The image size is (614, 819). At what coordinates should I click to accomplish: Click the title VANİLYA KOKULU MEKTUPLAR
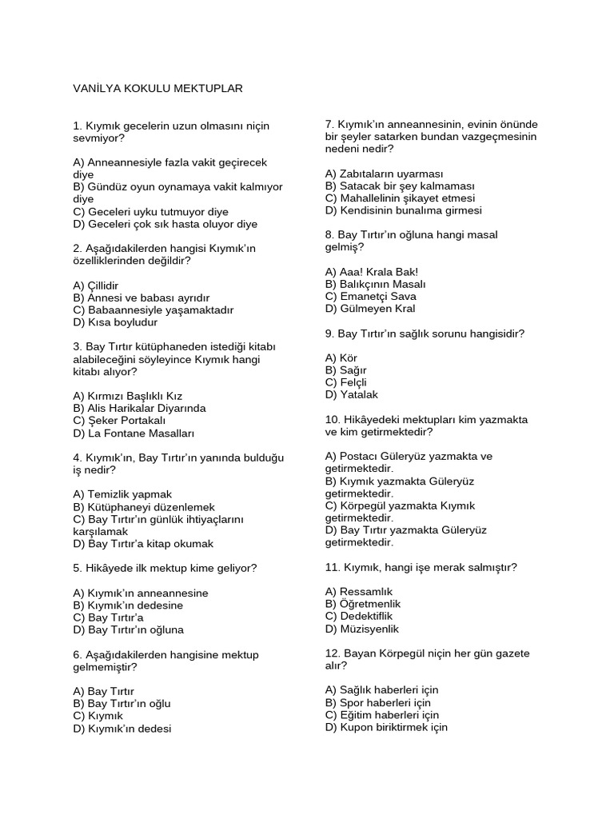(x=157, y=88)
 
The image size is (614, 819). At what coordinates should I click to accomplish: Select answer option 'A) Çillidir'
(x=96, y=285)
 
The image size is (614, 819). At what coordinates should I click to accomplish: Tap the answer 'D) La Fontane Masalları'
(x=134, y=433)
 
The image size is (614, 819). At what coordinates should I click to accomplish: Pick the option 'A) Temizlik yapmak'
(x=122, y=494)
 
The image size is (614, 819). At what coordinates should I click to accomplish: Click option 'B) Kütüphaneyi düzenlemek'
(x=144, y=507)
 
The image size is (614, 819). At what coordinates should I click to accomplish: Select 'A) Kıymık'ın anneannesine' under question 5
(x=141, y=593)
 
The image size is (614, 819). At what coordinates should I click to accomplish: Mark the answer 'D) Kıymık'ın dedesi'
(x=122, y=729)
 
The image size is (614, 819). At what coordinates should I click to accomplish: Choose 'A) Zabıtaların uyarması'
(x=385, y=173)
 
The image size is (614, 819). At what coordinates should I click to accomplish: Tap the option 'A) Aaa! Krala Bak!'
(x=372, y=272)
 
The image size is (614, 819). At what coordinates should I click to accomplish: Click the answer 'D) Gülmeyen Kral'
(x=370, y=309)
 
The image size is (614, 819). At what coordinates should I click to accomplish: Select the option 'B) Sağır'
(x=345, y=370)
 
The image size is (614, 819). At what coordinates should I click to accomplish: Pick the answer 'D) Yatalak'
(x=352, y=394)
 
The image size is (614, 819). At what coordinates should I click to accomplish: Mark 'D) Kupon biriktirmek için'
(x=387, y=728)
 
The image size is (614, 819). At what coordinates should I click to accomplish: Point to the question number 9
(x=329, y=334)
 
